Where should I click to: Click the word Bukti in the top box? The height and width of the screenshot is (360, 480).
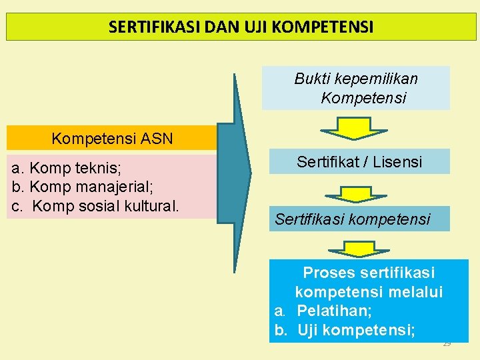coord(313,79)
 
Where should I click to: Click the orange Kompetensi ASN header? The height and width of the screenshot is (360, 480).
coord(112,139)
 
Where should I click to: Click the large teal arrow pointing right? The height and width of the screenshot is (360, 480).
coord(235,173)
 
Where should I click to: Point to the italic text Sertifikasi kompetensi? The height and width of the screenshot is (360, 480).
coord(353,219)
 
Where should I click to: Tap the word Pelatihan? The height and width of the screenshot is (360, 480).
coord(334,311)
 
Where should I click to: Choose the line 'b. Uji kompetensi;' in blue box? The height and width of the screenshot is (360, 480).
coord(345,329)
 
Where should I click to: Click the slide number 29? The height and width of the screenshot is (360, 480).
coord(447,343)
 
